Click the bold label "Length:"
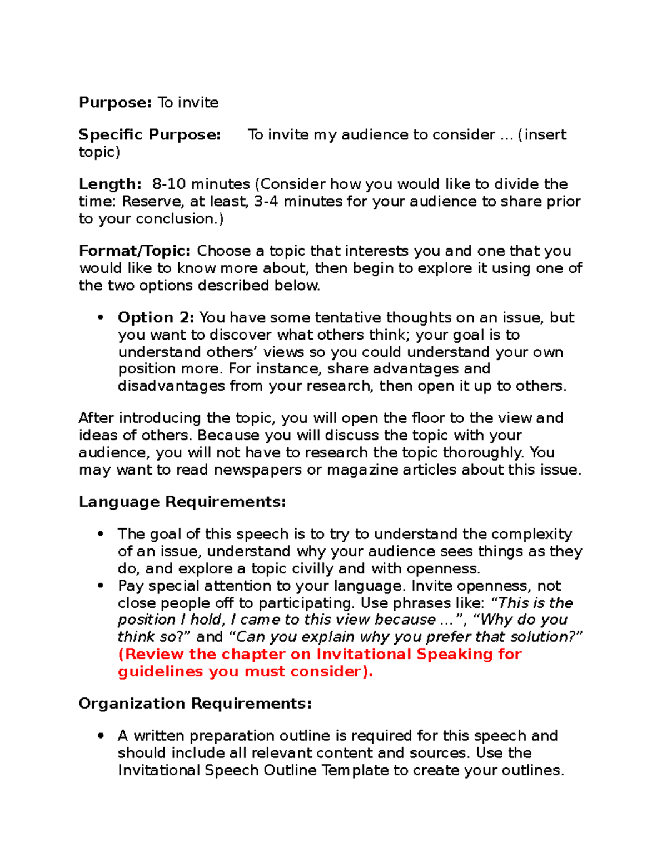click(110, 184)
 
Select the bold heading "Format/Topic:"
click(135, 251)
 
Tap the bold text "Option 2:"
click(156, 317)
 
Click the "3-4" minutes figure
click(266, 201)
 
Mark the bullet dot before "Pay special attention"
click(101, 586)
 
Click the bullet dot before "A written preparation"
click(101, 736)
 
